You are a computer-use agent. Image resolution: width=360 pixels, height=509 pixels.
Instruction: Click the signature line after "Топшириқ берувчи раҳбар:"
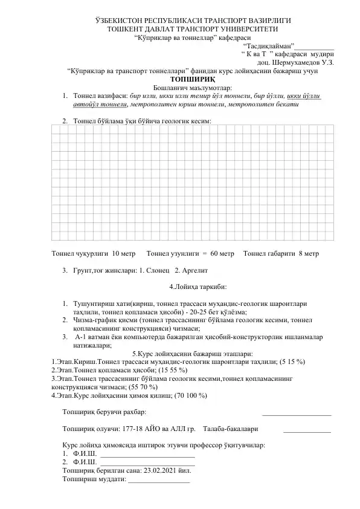[x=297, y=413]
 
